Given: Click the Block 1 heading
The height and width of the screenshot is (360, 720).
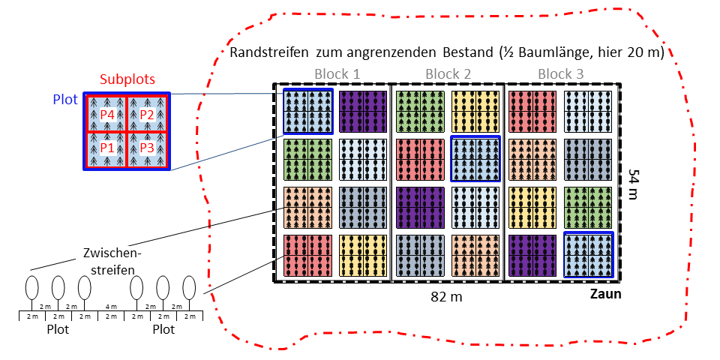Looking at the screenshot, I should [337, 73].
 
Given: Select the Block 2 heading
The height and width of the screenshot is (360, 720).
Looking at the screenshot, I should [448, 73].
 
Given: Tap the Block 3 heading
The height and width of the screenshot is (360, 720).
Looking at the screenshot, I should [561, 73].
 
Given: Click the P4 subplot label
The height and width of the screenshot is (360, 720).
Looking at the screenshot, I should [108, 115].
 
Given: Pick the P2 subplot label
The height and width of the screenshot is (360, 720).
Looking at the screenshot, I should [146, 115].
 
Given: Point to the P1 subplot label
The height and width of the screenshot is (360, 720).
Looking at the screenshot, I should [108, 148].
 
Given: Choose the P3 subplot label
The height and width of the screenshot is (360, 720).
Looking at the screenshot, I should [146, 148].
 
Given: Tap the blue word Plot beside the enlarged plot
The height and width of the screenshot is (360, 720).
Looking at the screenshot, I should [66, 100].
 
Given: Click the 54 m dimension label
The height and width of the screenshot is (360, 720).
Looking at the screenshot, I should [634, 184].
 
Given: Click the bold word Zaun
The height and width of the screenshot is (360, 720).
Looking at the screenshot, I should [604, 295].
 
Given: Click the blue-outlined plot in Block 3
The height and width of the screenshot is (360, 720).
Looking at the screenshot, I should [588, 254].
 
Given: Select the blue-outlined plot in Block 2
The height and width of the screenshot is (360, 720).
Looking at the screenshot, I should [475, 158].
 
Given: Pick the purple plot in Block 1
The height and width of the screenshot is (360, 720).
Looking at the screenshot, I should [363, 112].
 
